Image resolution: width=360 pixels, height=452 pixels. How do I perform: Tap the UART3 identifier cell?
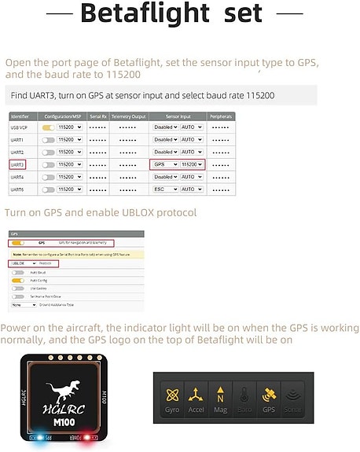click(18, 164)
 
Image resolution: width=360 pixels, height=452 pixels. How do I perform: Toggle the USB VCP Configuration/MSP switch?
click(49, 127)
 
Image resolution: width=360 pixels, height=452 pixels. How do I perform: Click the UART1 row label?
click(17, 140)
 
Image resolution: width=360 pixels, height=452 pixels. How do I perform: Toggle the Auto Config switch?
click(17, 281)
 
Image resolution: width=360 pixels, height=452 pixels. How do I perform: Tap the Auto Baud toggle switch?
click(17, 273)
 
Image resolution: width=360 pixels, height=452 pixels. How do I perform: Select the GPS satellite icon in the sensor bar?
click(269, 398)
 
